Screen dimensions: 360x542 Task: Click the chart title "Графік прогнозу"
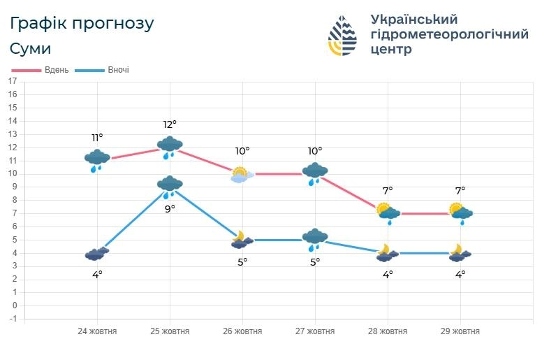click(82, 23)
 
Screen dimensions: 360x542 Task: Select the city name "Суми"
click(31, 49)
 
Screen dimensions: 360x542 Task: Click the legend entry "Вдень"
click(56, 70)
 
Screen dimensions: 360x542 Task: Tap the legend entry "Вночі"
click(118, 70)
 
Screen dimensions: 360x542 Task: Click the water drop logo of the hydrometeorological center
click(343, 35)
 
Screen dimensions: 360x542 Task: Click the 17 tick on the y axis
click(12, 81)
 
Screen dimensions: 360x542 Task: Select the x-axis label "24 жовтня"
click(97, 331)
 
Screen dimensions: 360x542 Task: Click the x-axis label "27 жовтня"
click(315, 331)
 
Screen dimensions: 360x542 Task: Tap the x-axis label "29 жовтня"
click(460, 331)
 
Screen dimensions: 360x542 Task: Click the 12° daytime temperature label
click(170, 124)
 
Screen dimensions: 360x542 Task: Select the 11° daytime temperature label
click(97, 138)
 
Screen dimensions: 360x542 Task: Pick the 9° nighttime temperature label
click(170, 208)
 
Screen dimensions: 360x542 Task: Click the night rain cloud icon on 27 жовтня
click(315, 239)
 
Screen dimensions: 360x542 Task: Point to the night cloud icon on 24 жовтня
click(97, 254)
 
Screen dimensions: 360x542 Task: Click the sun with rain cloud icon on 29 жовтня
click(460, 212)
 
